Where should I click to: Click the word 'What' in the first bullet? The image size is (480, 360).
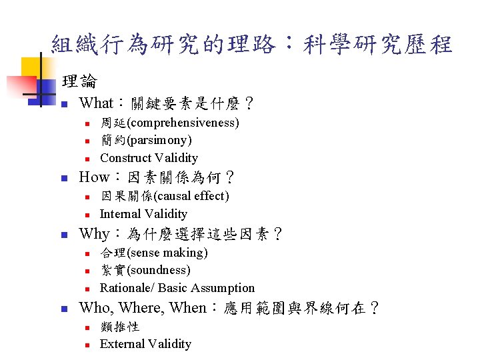96,103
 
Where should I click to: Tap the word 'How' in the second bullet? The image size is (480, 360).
94,178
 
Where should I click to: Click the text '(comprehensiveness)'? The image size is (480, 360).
183,123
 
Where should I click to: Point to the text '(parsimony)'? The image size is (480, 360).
159,140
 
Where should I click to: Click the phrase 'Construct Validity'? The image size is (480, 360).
149,158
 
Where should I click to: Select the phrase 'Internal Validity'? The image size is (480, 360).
143,214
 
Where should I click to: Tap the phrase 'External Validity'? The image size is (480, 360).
145,344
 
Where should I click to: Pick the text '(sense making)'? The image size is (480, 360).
167,253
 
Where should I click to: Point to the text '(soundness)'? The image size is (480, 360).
159,270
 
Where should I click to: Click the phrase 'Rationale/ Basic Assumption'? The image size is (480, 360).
177,288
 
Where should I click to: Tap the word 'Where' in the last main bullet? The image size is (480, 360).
141,308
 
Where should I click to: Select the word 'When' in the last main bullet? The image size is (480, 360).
188,308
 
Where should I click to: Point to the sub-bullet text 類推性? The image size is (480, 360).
119,327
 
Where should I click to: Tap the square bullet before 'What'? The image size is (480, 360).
63,105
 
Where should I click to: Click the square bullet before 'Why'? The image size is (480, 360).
63,235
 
